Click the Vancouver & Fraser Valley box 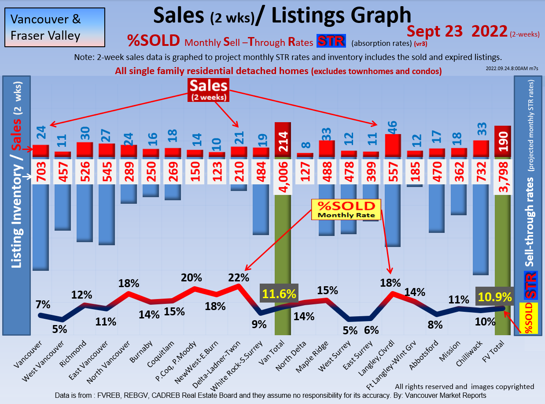(x=55, y=27)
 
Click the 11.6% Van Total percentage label (x=279, y=294)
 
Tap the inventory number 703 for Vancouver (x=41, y=172)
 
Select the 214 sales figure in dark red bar (x=283, y=141)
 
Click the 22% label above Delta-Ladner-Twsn (x=239, y=277)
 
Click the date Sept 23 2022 (x=456, y=31)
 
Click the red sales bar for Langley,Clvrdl (x=393, y=146)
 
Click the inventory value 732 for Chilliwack (x=481, y=172)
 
